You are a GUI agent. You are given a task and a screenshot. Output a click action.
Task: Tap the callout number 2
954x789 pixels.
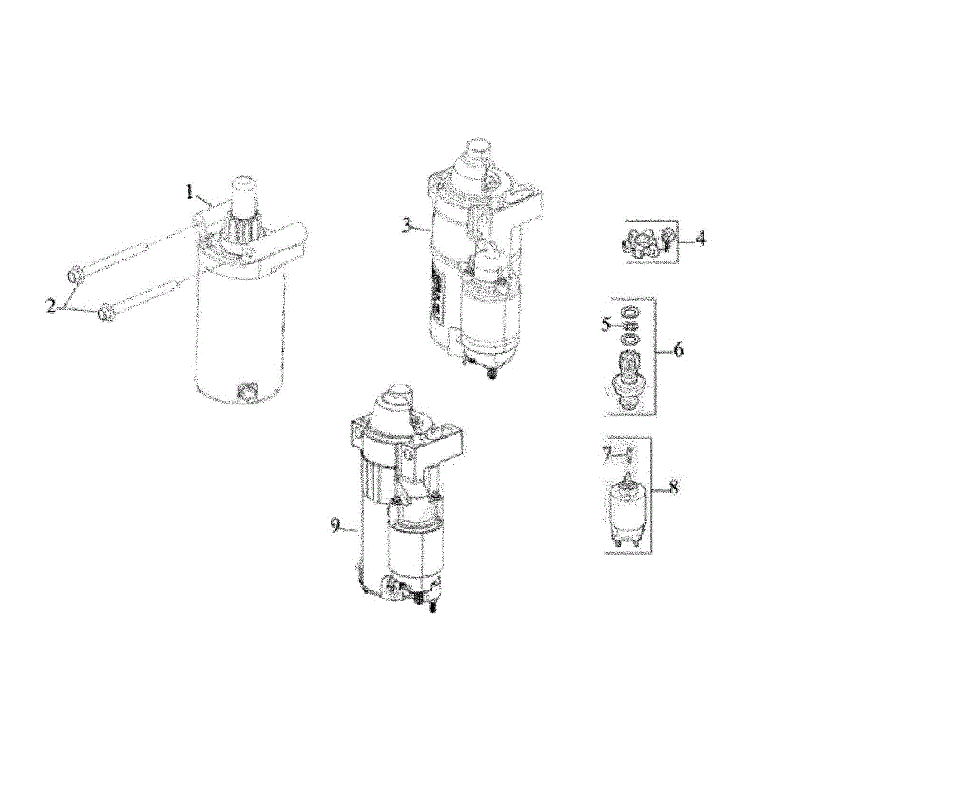click(x=52, y=306)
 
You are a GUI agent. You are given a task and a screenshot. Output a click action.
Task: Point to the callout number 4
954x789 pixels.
click(x=700, y=238)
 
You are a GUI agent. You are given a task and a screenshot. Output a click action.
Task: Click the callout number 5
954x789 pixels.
click(x=606, y=325)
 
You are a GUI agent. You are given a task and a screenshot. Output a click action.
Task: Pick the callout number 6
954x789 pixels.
click(x=678, y=350)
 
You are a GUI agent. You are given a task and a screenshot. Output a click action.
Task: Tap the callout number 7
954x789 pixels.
click(x=607, y=455)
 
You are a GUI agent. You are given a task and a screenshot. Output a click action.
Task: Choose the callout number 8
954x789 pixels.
click(x=673, y=488)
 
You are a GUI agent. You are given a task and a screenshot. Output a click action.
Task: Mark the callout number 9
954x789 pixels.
click(x=335, y=525)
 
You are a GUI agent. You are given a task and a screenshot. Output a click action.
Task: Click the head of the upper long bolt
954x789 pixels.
click(x=75, y=277)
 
